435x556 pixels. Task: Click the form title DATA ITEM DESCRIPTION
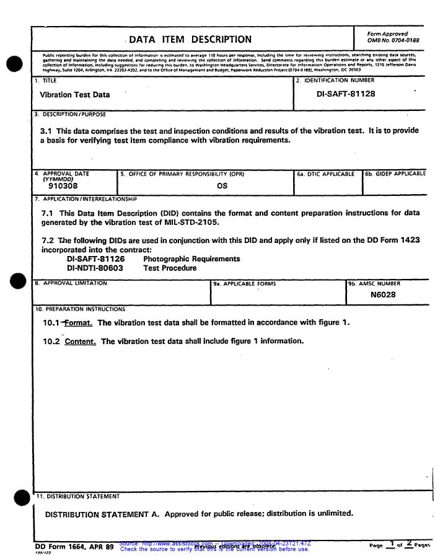tap(190, 40)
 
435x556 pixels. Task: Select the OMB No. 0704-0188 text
tap(393, 40)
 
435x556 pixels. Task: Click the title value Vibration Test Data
tap(74, 95)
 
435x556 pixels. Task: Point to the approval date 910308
tap(63, 185)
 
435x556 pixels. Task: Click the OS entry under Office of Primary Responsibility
tap(222, 185)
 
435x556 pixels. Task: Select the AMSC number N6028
tap(383, 295)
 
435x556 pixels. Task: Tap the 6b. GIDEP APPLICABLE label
tap(395, 174)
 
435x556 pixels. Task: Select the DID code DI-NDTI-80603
tap(95, 268)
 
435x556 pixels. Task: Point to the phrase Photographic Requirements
tap(191, 259)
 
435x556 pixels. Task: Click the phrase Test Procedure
tap(170, 268)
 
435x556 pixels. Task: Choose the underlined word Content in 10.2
tap(80, 342)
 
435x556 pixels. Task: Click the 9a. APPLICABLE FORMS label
tap(245, 284)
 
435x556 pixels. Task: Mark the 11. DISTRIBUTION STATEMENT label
tap(77, 496)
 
